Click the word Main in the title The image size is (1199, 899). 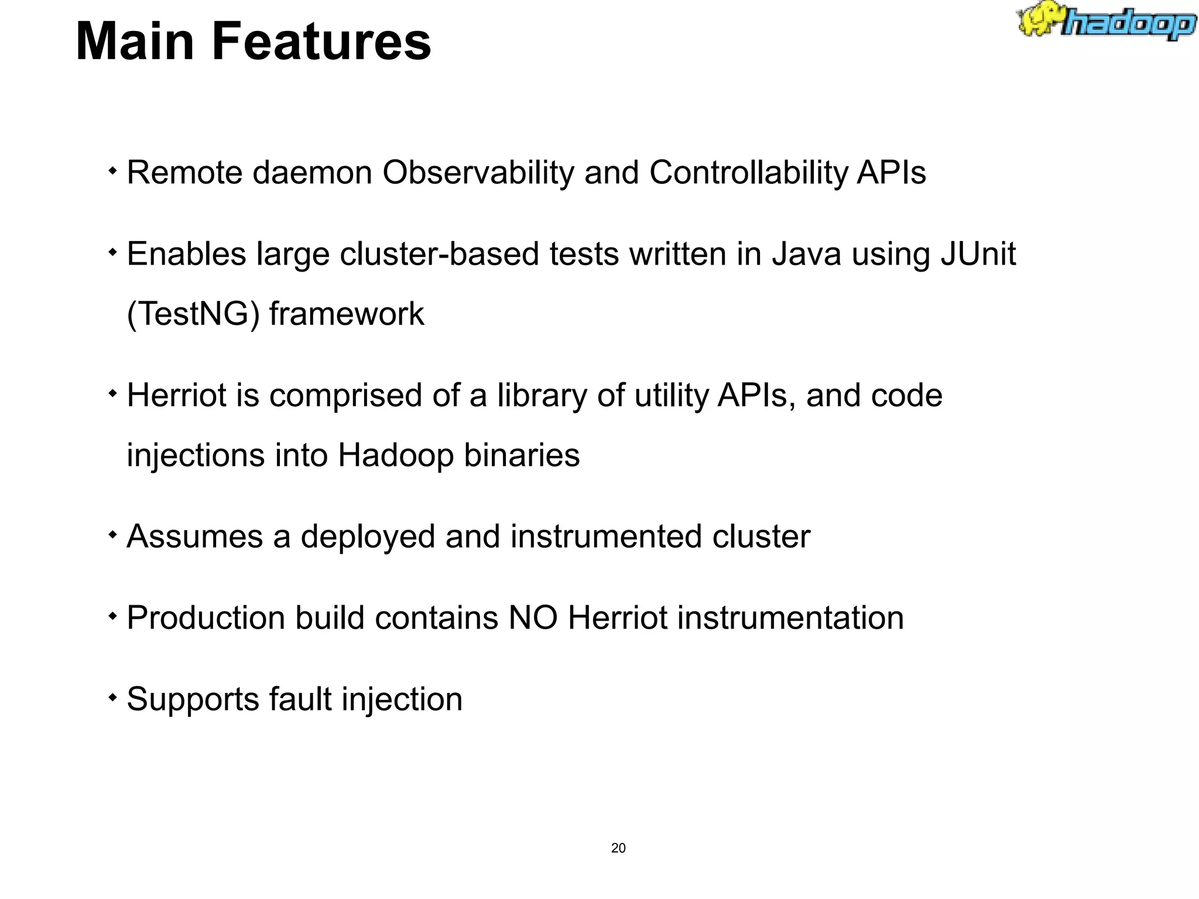(135, 42)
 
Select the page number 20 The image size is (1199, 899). (618, 848)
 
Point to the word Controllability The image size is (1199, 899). (748, 173)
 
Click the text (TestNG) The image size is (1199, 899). (193, 314)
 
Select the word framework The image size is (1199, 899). (347, 314)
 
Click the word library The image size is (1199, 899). (542, 396)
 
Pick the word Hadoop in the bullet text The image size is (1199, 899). (396, 455)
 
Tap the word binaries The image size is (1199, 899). (522, 455)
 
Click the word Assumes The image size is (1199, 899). (195, 537)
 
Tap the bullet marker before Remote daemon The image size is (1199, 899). (112, 172)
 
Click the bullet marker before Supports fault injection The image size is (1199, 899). (112, 698)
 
